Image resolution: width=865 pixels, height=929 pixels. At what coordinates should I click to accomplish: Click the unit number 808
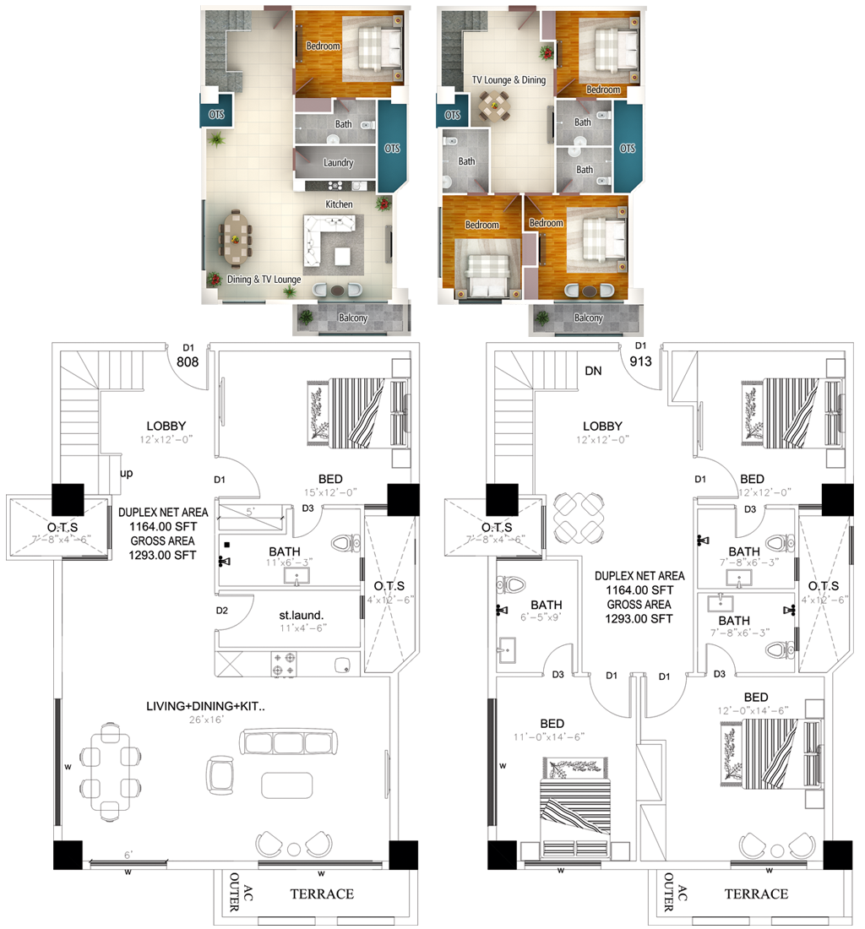188,361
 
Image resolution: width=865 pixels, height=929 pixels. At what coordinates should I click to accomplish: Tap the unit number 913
642,361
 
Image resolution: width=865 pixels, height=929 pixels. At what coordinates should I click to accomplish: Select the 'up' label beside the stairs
127,473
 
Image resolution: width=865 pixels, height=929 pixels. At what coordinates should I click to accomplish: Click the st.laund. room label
302,615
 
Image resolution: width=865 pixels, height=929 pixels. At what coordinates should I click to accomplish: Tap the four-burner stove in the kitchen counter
284,663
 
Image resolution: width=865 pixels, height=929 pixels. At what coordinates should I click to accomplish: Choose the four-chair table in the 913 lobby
577,517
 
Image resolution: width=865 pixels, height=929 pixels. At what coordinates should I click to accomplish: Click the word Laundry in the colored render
338,163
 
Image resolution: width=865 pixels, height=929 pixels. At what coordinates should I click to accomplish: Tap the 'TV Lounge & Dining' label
509,80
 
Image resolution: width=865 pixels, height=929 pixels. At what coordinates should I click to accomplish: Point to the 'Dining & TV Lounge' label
264,279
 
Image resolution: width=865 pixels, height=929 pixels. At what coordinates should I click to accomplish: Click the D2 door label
222,611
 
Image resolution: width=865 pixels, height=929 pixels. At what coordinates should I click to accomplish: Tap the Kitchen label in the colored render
339,204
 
